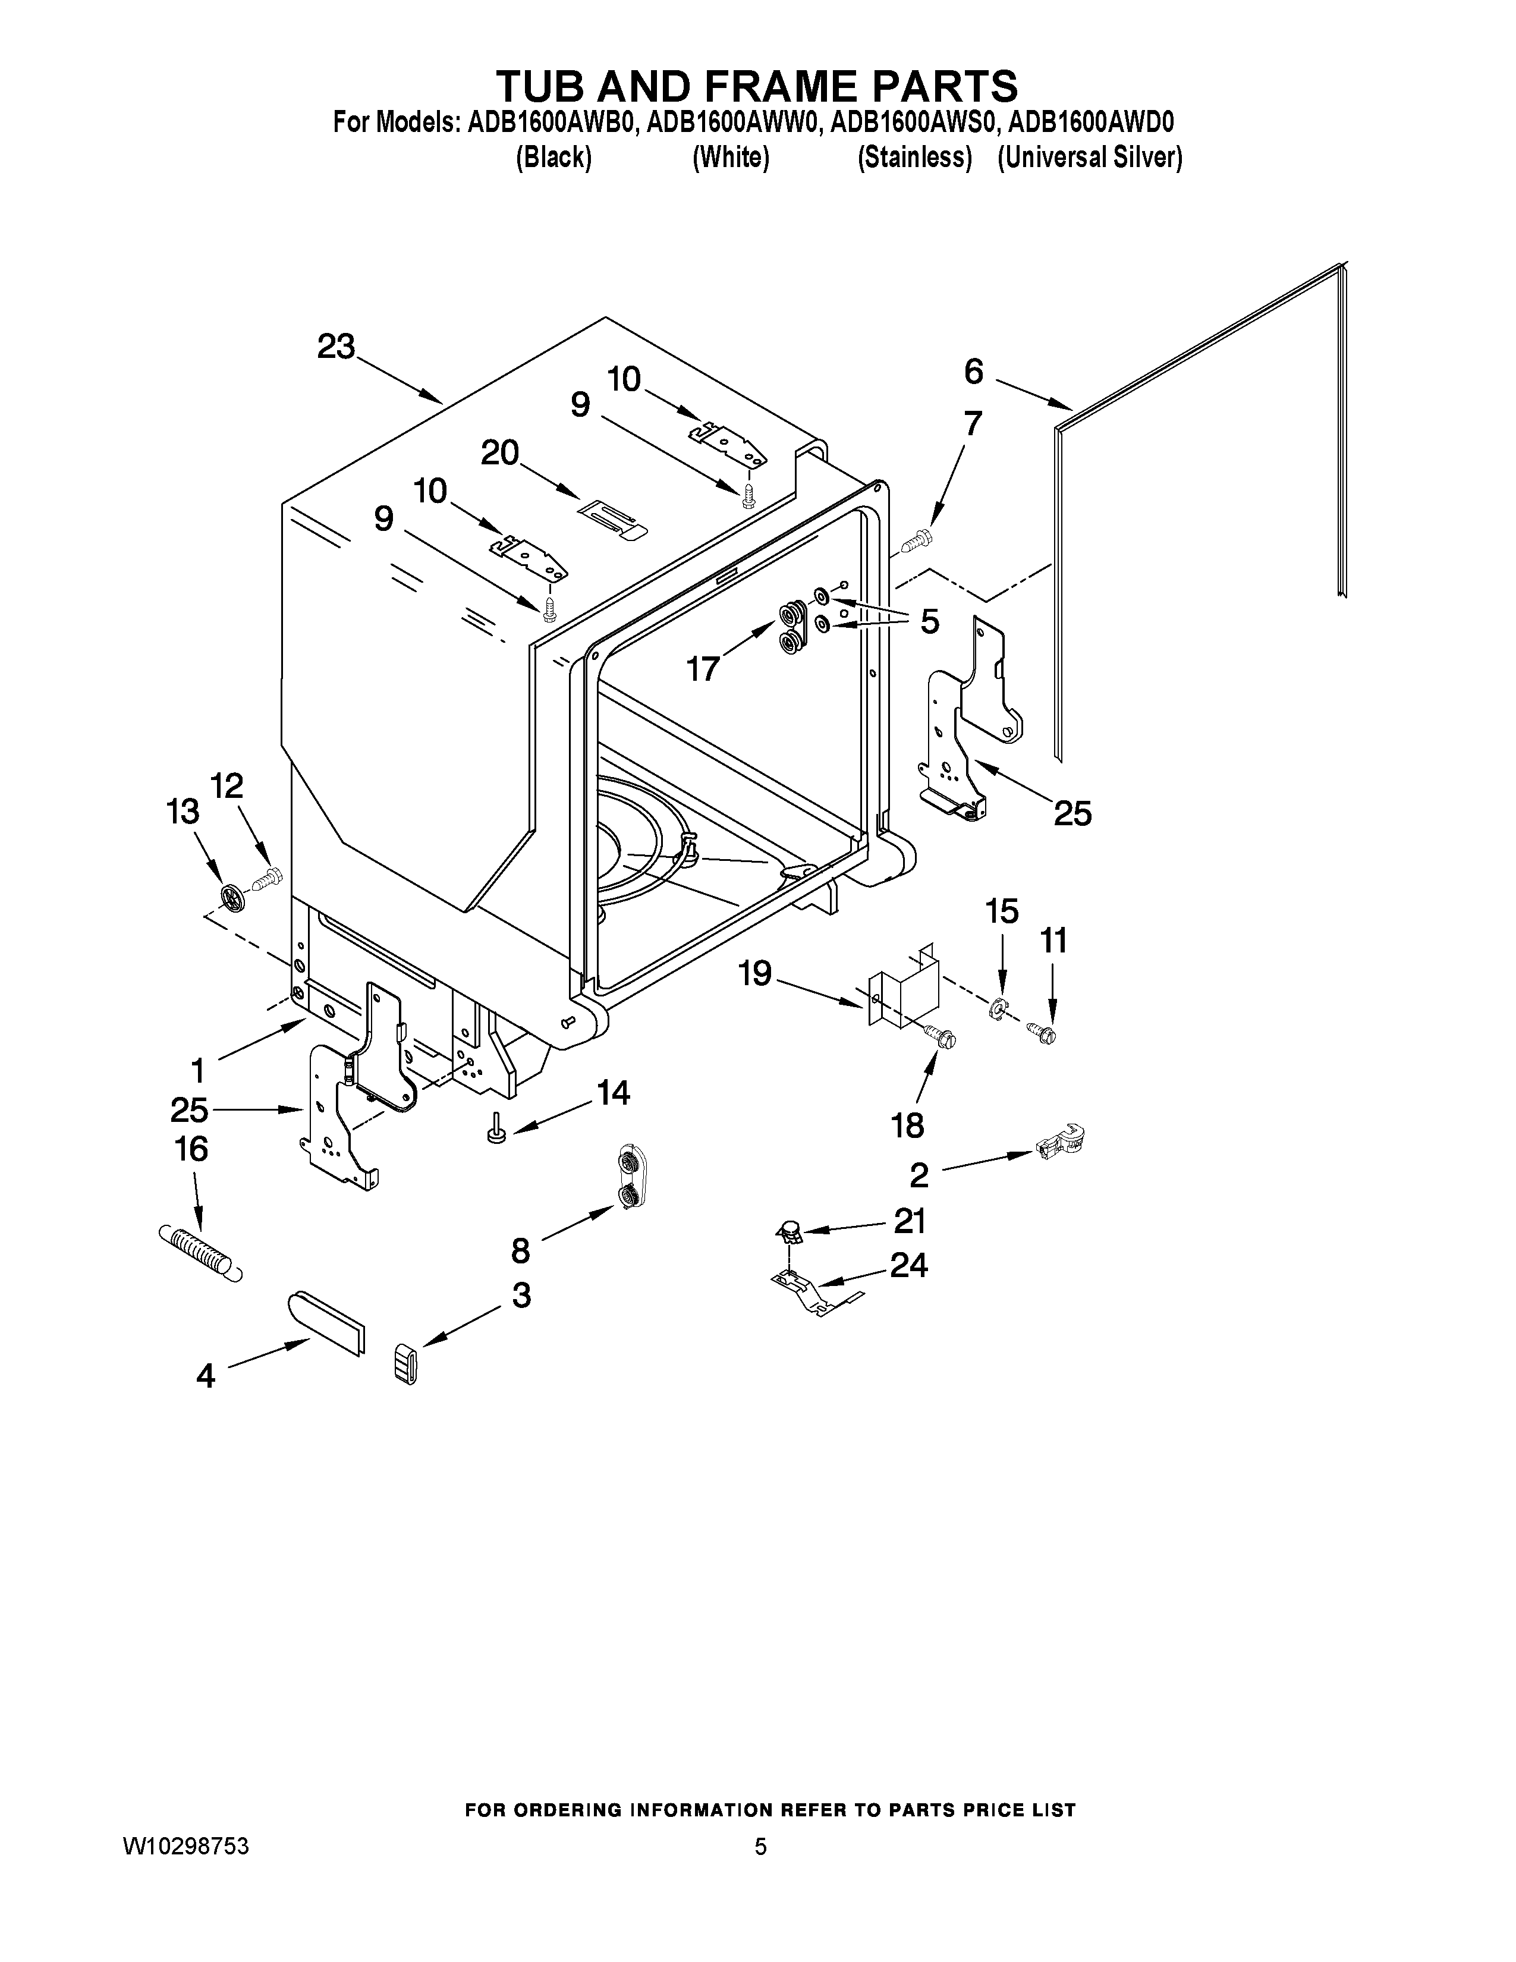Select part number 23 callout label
(336, 347)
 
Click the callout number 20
(500, 453)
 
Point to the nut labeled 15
(997, 1011)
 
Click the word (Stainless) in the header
(914, 158)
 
